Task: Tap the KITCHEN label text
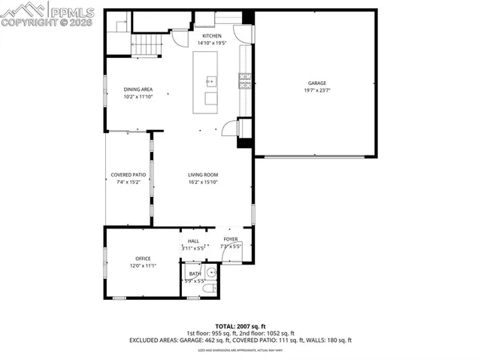(x=212, y=35)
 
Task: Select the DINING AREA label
(x=138, y=89)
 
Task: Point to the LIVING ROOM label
(x=203, y=175)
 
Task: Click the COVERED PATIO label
(x=126, y=175)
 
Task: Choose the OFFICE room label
(x=143, y=259)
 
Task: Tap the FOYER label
(x=230, y=239)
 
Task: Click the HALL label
(x=193, y=241)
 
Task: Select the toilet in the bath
(x=210, y=289)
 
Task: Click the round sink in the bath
(x=211, y=273)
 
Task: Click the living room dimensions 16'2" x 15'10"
(x=203, y=183)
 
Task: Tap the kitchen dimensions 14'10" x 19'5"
(x=212, y=43)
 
